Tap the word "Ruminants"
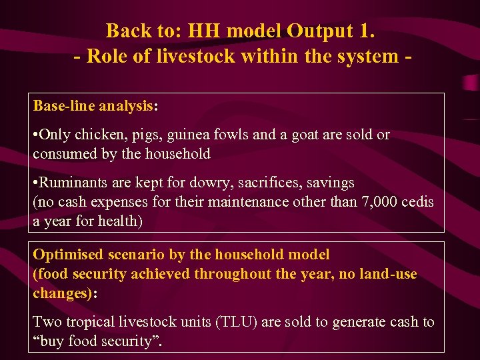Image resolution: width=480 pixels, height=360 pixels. pyautogui.click(x=73, y=183)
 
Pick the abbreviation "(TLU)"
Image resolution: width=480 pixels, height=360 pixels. pyautogui.click(x=238, y=323)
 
